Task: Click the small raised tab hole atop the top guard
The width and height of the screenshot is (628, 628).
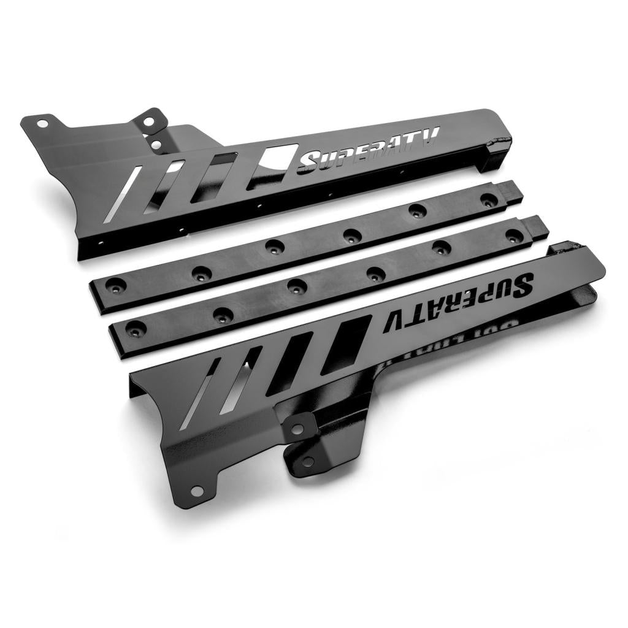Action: coord(147,121)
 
